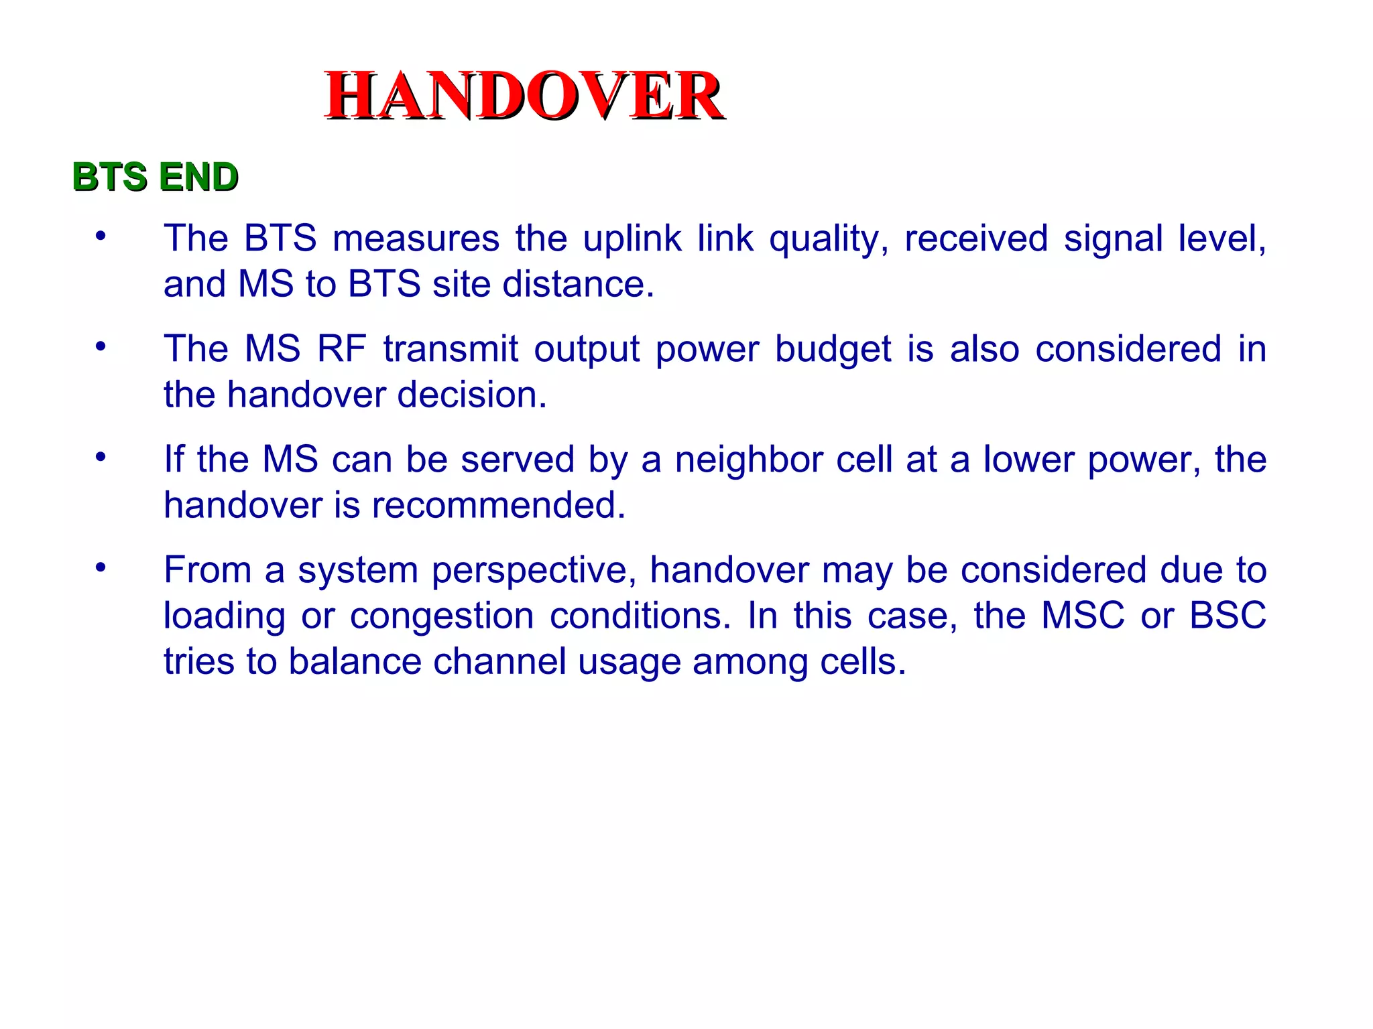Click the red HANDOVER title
pyautogui.click(x=524, y=96)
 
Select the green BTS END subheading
pyautogui.click(x=155, y=177)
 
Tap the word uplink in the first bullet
pyautogui.click(x=632, y=238)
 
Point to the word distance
pyautogui.click(x=577, y=284)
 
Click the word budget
pyautogui.click(x=833, y=350)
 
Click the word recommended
pyautogui.click(x=498, y=505)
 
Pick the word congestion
pyautogui.click(x=441, y=616)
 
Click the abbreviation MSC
pyautogui.click(x=1082, y=616)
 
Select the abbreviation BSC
pyautogui.click(x=1228, y=616)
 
